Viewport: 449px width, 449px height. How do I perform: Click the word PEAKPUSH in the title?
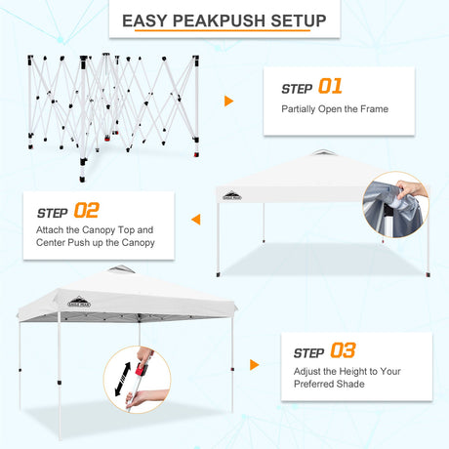tap(220, 20)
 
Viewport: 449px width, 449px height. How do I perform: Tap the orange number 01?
tap(330, 86)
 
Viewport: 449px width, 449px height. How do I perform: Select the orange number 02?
tap(86, 210)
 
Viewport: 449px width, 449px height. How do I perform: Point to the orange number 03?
tap(343, 350)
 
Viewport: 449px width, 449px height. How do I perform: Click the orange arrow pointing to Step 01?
tap(228, 102)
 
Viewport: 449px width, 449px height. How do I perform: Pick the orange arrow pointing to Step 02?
tap(196, 220)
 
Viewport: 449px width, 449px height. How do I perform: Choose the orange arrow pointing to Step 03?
tap(255, 365)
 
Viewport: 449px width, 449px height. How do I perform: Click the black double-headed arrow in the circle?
tap(123, 379)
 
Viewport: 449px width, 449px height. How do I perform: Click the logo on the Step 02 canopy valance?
tap(232, 195)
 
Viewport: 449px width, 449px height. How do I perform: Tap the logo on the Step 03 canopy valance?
tap(79, 303)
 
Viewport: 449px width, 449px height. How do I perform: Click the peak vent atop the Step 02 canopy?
tap(322, 152)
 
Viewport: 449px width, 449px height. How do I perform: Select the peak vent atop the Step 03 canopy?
tap(121, 268)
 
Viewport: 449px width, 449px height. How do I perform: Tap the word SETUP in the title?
tap(299, 20)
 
